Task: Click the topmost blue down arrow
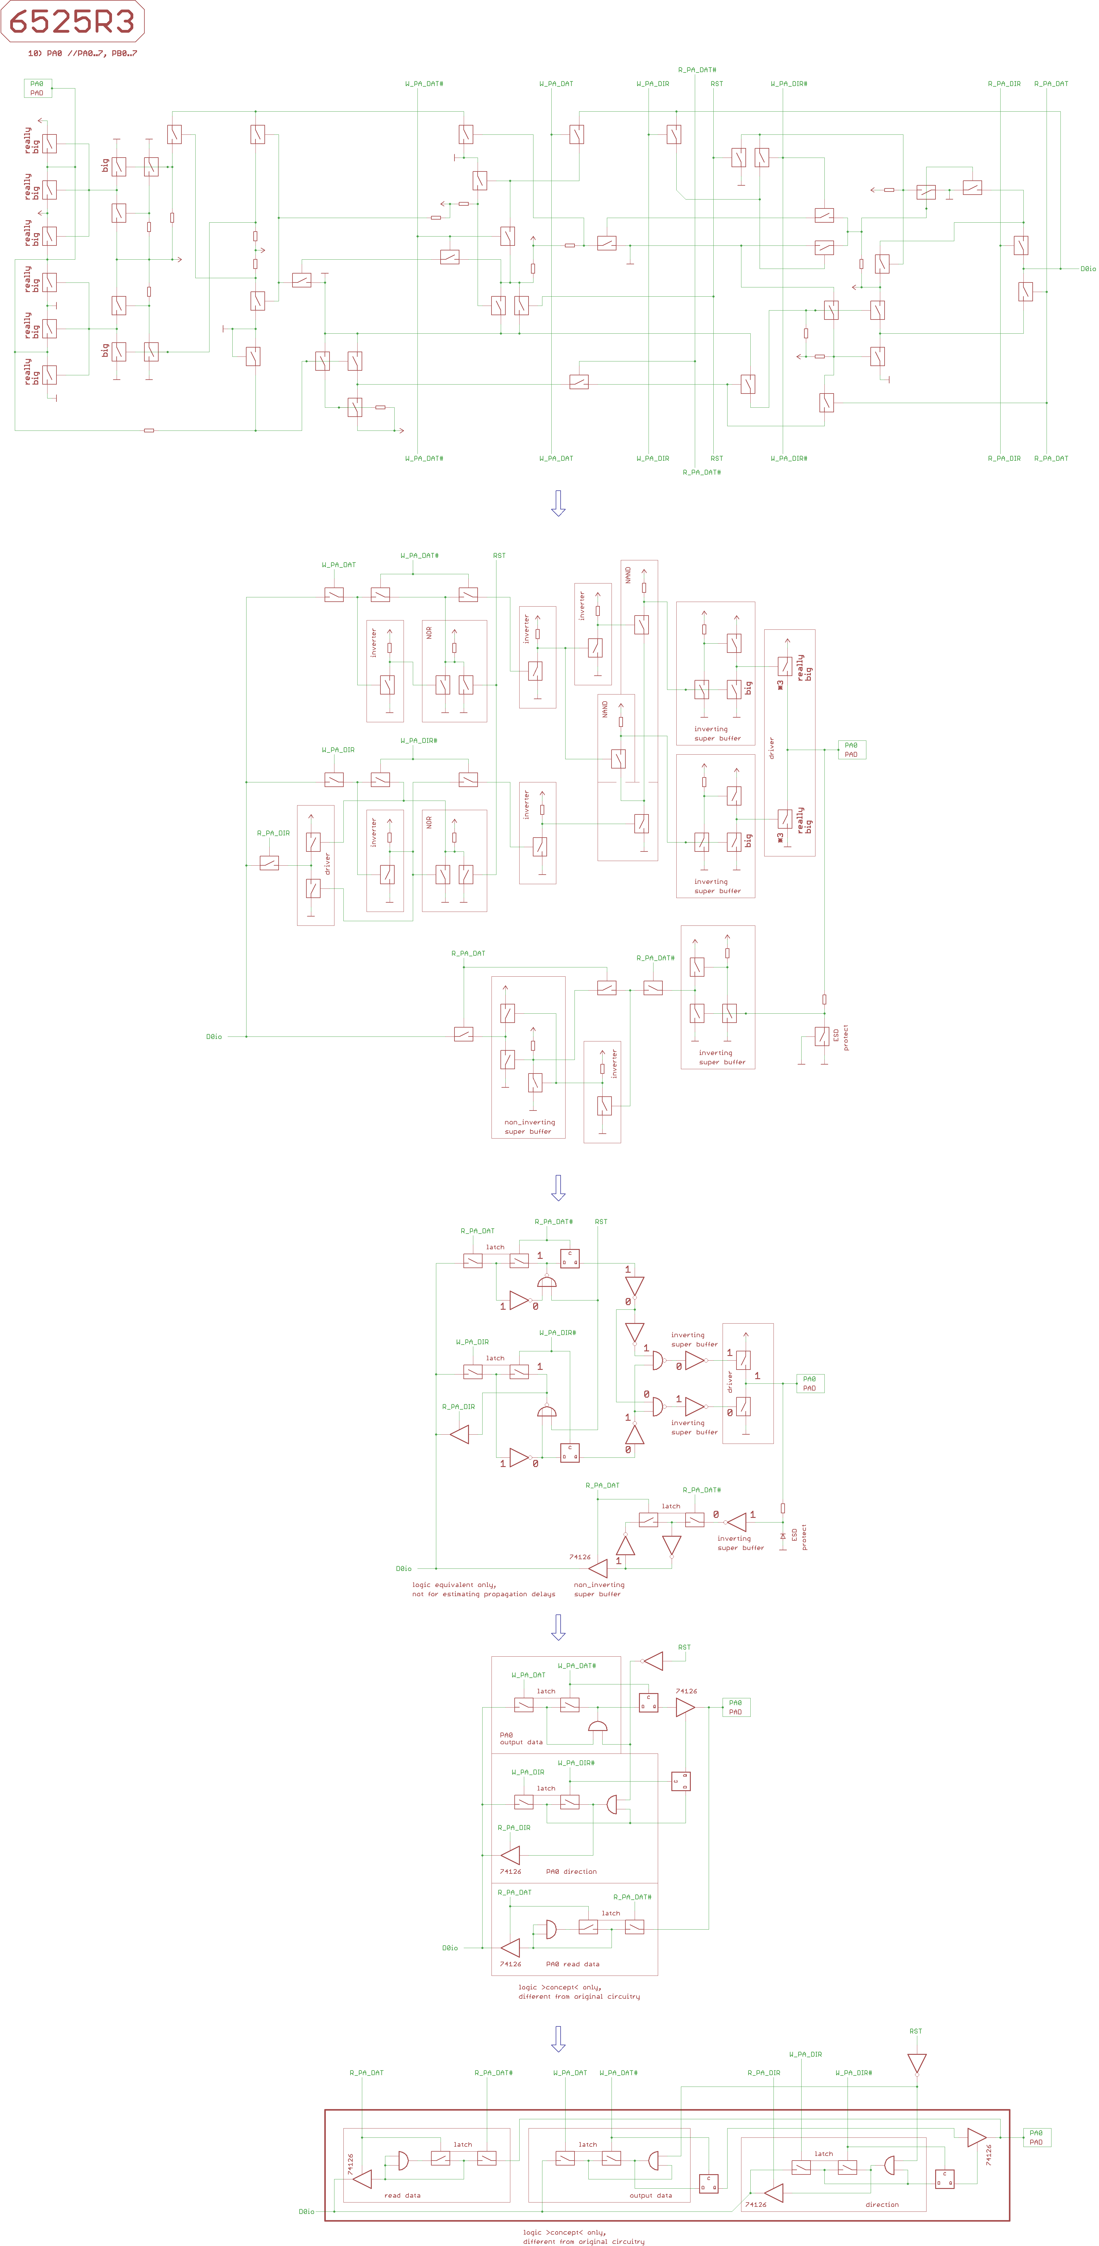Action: (x=558, y=503)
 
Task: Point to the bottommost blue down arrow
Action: (x=558, y=2038)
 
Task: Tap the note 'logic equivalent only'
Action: (x=454, y=1585)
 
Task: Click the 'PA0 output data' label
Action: (x=521, y=1739)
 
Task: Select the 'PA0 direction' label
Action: (x=571, y=1871)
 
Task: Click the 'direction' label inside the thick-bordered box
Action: (x=882, y=2204)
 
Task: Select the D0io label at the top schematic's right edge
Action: (x=1088, y=269)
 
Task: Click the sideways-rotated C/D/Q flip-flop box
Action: (x=680, y=1781)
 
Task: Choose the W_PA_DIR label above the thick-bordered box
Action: (x=805, y=2054)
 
